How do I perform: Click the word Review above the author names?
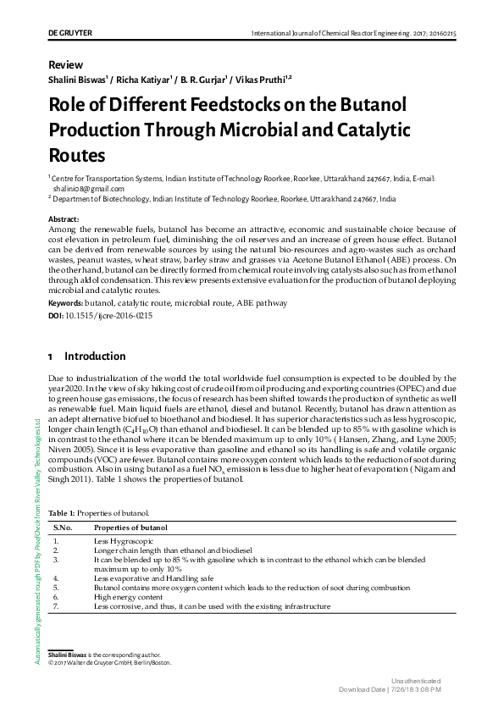[65, 64]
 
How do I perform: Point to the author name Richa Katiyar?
[145, 80]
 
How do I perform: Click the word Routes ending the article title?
[77, 156]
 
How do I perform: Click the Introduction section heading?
[95, 356]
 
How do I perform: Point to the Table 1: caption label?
[64, 513]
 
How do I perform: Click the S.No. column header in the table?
[64, 528]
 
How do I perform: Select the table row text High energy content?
[129, 597]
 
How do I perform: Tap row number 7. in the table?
[56, 606]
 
